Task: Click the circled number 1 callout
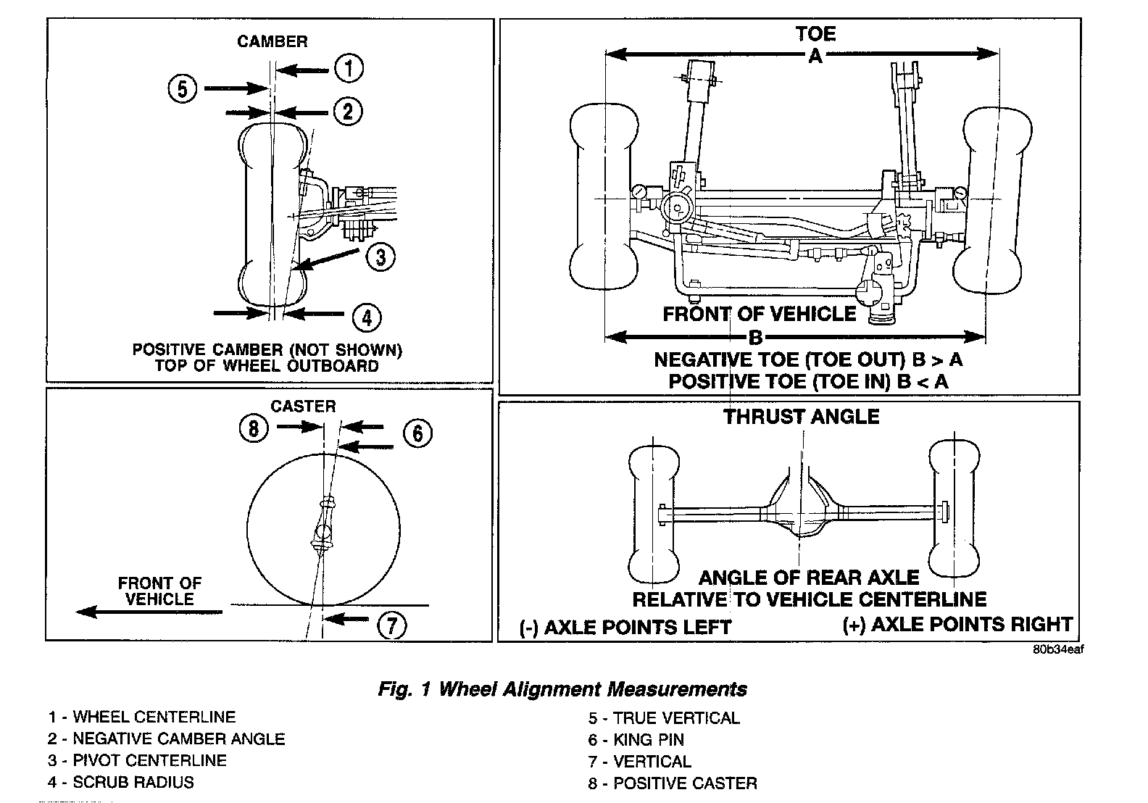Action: pyautogui.click(x=349, y=69)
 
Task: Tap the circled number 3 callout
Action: pyautogui.click(x=380, y=256)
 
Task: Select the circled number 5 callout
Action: pyautogui.click(x=182, y=89)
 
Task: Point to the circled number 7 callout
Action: pyautogui.click(x=391, y=624)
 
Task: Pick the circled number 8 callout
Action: pyautogui.click(x=253, y=428)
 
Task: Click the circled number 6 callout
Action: pyautogui.click(x=417, y=433)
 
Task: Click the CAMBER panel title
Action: pyautogui.click(x=273, y=41)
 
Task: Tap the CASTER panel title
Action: pyautogui.click(x=303, y=406)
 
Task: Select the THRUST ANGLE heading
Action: pyautogui.click(x=801, y=417)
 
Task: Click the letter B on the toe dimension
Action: pyautogui.click(x=755, y=337)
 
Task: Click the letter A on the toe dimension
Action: pyautogui.click(x=815, y=55)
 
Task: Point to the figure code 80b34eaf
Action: pyautogui.click(x=1058, y=649)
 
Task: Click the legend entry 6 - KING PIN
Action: pyautogui.click(x=636, y=740)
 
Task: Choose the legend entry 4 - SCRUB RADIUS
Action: pyautogui.click(x=121, y=782)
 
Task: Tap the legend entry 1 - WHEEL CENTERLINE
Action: pyautogui.click(x=142, y=717)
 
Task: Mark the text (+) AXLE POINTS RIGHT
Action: pyautogui.click(x=957, y=624)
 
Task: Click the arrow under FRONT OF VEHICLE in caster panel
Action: pyautogui.click(x=149, y=612)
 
